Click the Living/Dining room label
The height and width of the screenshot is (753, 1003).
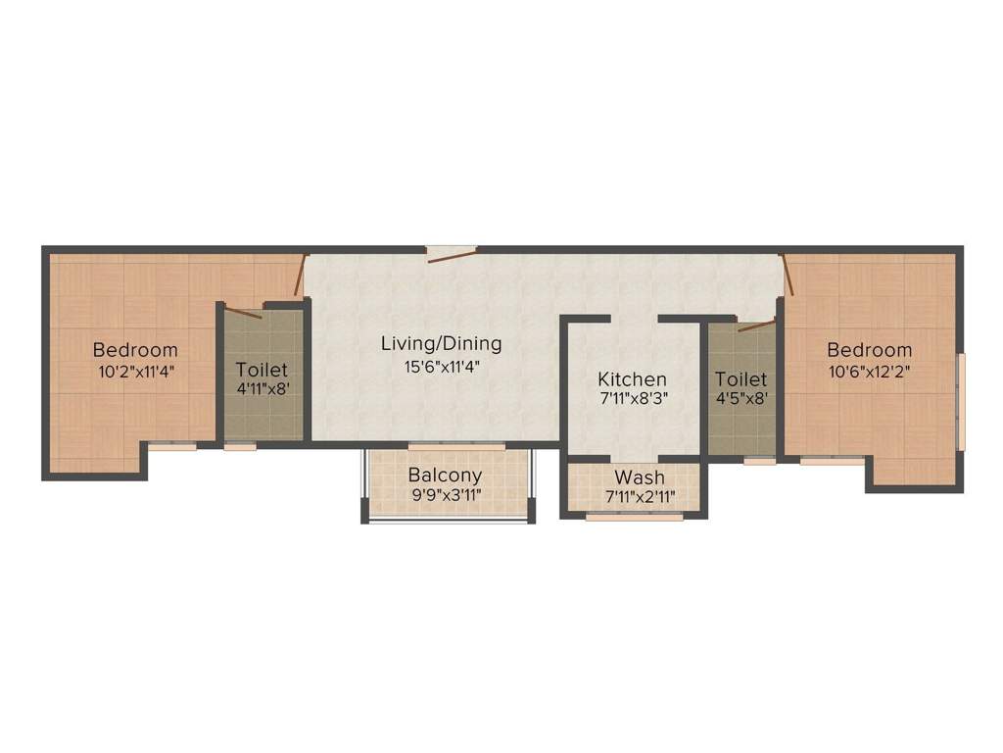point(441,344)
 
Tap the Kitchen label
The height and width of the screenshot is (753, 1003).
point(633,379)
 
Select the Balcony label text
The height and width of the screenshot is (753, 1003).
point(446,476)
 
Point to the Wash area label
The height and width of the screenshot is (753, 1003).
point(640,477)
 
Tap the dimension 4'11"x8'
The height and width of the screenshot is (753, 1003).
point(262,388)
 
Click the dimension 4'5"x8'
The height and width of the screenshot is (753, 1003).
point(740,398)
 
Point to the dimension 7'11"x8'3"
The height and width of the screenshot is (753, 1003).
point(633,399)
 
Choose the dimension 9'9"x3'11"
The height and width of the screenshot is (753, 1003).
point(446,494)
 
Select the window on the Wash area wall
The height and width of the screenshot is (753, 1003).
point(634,517)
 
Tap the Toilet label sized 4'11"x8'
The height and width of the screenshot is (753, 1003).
point(262,370)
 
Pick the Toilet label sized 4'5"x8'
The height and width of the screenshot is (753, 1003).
point(740,379)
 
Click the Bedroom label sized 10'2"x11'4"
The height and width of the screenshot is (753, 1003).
point(135,350)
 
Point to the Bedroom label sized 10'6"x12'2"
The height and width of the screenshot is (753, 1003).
point(869,350)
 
